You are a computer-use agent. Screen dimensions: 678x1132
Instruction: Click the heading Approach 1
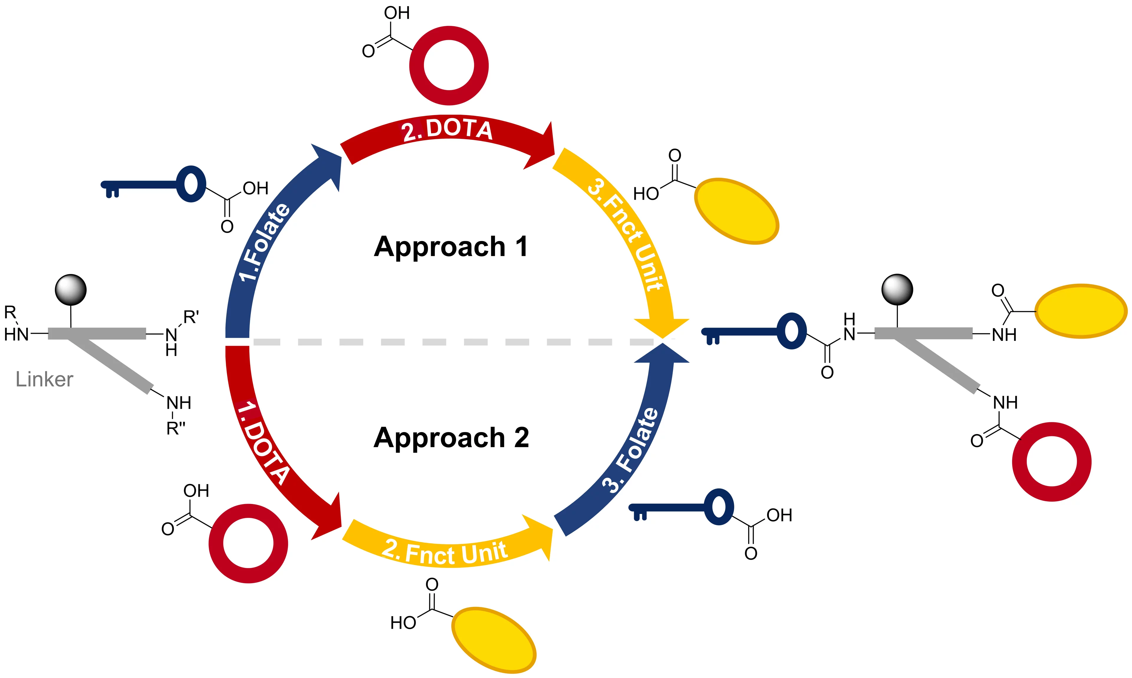[451, 247]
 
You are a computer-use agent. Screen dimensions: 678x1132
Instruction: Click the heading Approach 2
[451, 438]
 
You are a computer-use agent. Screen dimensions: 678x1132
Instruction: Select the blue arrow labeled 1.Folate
[265, 242]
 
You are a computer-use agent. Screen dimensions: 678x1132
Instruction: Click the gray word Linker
[44, 379]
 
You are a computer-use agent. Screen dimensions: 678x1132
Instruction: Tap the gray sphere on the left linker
[71, 290]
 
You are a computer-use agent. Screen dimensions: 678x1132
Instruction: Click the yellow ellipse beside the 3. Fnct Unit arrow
[736, 211]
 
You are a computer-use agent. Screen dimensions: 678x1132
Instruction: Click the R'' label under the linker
[176, 429]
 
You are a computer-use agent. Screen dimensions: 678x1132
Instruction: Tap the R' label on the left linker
[191, 317]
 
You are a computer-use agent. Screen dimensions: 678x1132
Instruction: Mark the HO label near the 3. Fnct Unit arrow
[646, 194]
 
